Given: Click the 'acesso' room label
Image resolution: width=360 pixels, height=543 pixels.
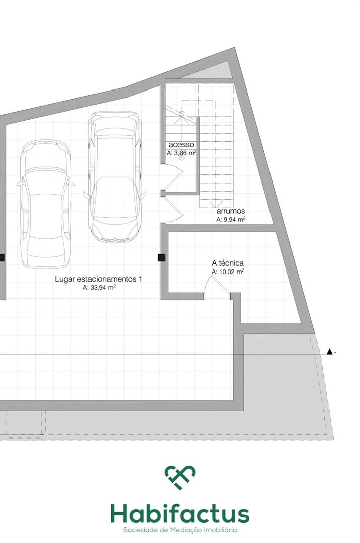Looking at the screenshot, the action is point(182,145).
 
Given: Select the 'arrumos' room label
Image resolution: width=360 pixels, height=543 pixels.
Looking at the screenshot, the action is point(231,211).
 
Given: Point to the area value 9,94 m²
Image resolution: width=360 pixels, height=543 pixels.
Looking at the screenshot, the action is point(231,219).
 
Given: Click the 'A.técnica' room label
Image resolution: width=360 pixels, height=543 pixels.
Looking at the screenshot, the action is point(228,263).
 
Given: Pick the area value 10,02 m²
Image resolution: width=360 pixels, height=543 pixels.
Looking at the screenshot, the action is point(228,272).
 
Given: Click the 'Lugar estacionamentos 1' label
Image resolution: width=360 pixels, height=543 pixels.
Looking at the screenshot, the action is point(99,279).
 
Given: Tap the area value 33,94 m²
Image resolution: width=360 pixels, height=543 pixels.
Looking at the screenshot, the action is point(99,287).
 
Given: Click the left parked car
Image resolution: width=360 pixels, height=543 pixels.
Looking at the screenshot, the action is point(46,204).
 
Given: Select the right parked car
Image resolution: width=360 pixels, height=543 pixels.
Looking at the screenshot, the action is point(115,176).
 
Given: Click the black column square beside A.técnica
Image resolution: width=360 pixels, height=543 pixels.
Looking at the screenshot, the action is point(162,257).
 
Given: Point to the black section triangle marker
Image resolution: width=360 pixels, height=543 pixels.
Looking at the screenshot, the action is point(330,352).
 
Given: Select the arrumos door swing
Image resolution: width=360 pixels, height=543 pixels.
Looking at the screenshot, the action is point(172,210).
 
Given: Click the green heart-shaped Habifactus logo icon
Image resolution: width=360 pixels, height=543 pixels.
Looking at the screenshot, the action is point(180,477).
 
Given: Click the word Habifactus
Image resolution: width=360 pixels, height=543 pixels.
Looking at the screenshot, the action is point(180,515).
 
